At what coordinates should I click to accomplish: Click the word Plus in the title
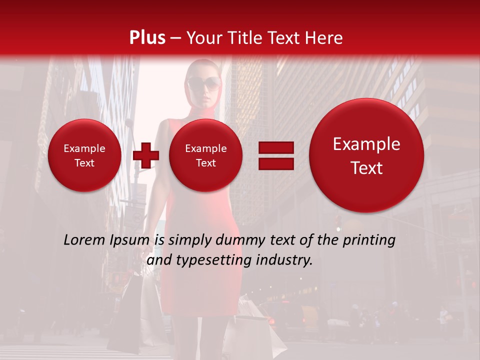pos(147,38)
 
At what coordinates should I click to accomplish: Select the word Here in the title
pos(324,38)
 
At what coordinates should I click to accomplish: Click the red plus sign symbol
pos(146,155)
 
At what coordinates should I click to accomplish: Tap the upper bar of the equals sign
pos(275,147)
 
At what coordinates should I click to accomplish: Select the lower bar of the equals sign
pos(275,163)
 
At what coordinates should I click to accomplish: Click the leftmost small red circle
pos(84,155)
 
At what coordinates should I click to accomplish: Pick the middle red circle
pos(206,155)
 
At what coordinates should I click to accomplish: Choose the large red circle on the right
pos(366,155)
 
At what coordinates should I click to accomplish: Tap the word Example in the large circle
pos(366,144)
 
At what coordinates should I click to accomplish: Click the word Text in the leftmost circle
pos(84,163)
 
